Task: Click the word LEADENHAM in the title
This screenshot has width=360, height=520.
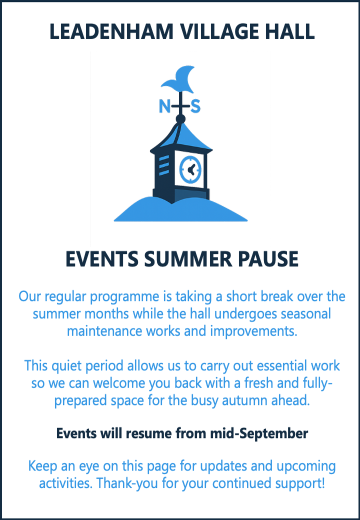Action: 111,31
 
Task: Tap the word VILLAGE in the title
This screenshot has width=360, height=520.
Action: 221,31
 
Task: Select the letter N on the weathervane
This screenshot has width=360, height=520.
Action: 165,106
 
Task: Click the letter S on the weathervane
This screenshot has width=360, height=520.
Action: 195,106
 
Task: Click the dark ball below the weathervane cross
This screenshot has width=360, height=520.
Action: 180,118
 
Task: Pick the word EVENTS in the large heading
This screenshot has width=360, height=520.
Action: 102,259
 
